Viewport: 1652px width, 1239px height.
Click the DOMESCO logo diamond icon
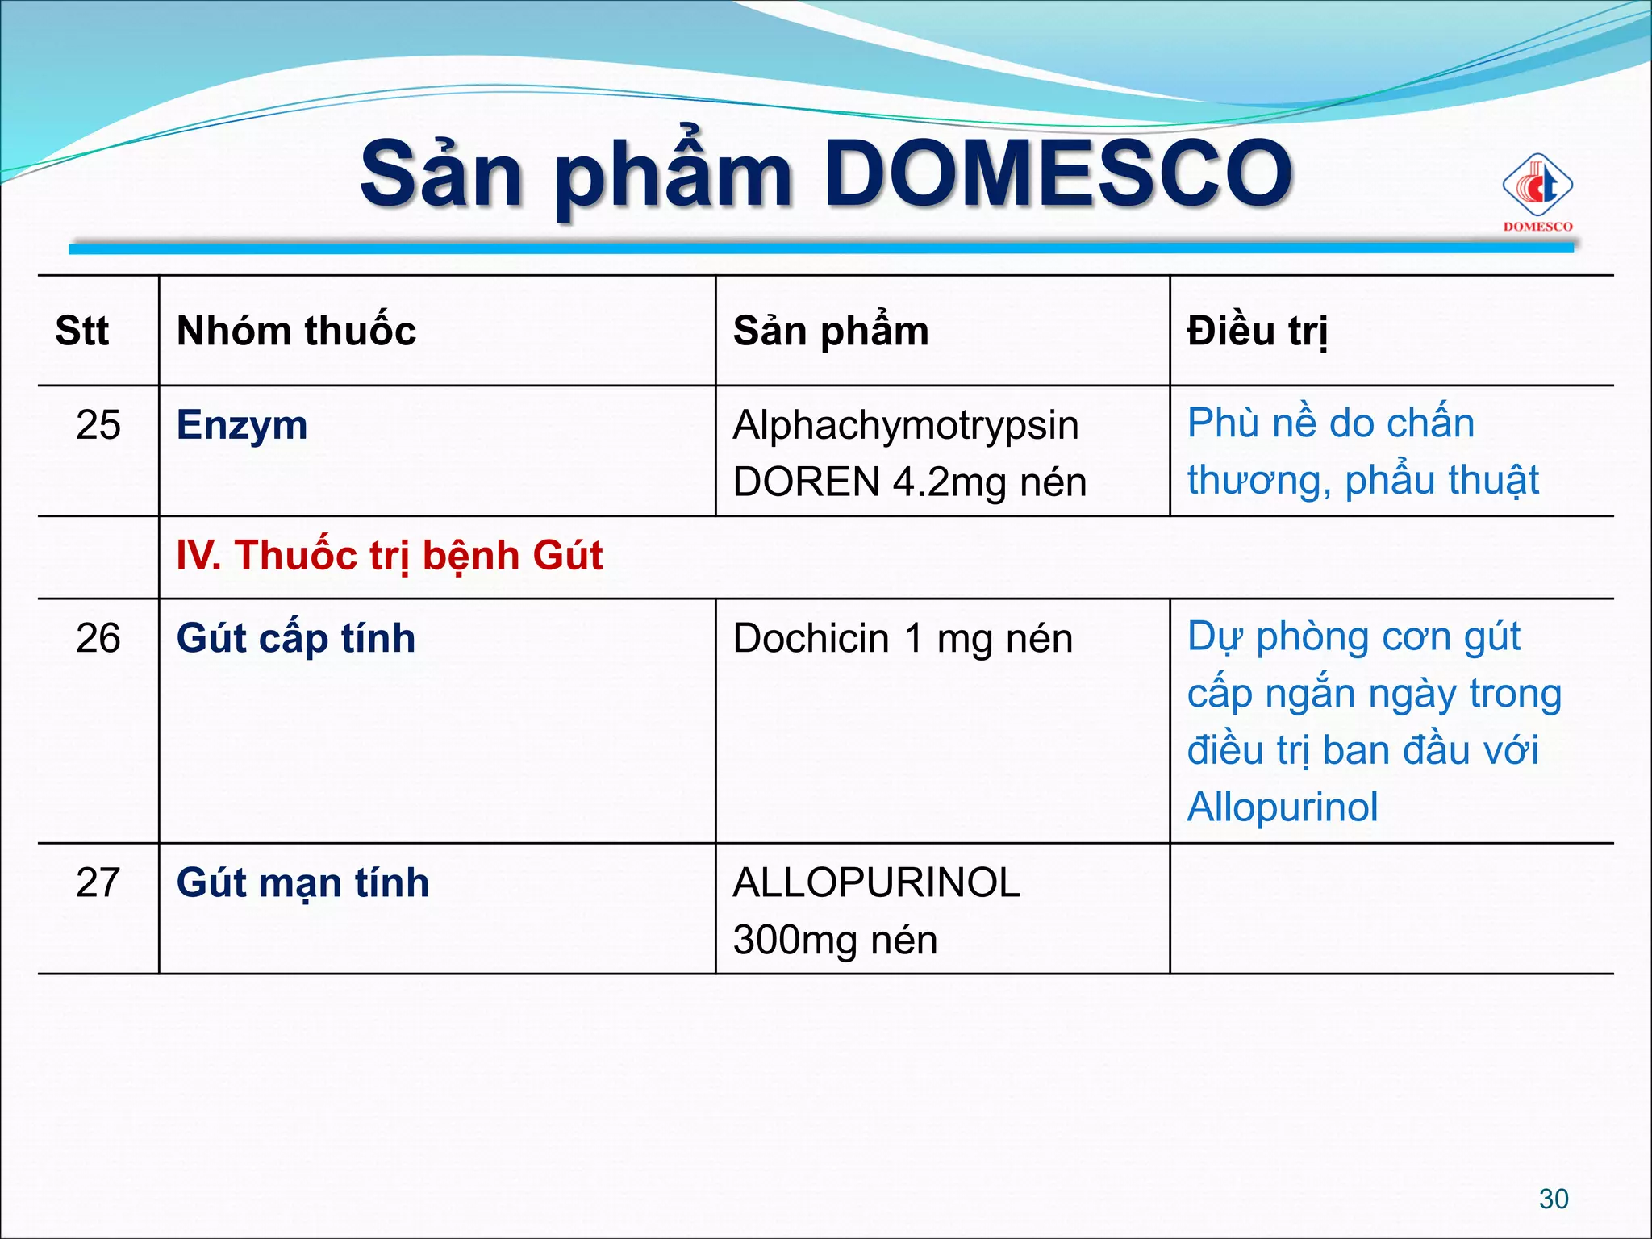(1537, 186)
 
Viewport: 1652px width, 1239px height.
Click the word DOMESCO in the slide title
(1058, 173)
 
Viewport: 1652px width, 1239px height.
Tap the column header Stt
(81, 331)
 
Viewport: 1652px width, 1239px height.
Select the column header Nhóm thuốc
(296, 331)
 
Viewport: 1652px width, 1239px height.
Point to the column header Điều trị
(1257, 331)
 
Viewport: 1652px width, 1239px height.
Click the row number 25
(98, 424)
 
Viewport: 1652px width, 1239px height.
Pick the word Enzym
(242, 425)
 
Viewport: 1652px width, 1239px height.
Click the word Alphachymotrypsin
(905, 425)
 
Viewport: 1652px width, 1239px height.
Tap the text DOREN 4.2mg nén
(909, 482)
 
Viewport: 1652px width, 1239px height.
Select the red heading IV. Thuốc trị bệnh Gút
(390, 556)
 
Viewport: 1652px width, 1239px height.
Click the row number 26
(98, 638)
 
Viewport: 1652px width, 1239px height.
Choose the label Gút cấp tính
(296, 638)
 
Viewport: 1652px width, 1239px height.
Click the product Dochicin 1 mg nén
(903, 639)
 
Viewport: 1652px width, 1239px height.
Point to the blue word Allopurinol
(1283, 807)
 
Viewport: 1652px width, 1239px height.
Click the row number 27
(98, 882)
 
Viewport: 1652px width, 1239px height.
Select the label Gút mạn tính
(302, 882)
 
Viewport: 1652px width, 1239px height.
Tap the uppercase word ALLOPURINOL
(876, 882)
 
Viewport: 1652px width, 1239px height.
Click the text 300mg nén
(835, 940)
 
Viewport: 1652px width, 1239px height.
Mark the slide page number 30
(1554, 1199)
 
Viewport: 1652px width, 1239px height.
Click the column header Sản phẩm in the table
(831, 331)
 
